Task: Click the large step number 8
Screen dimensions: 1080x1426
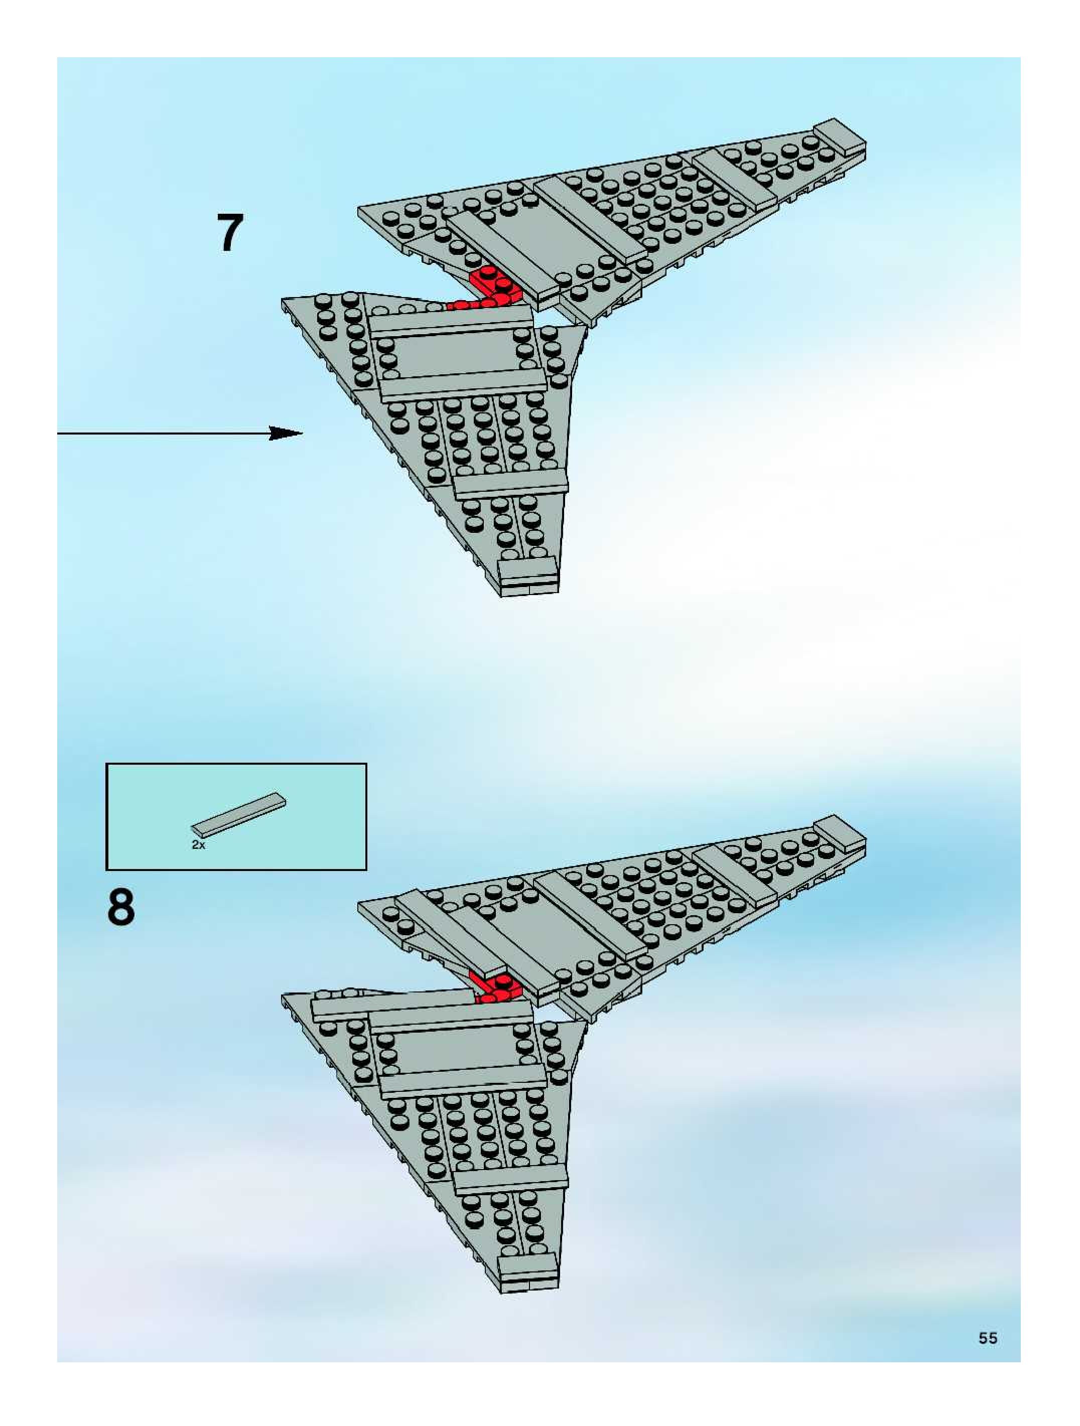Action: (121, 907)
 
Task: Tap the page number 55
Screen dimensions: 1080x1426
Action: (987, 1338)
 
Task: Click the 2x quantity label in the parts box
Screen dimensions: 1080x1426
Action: (198, 844)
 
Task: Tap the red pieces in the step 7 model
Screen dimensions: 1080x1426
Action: (491, 288)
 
